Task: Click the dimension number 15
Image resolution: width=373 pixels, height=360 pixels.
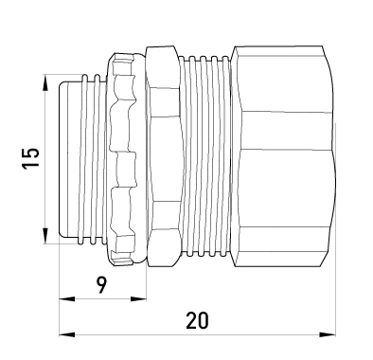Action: [30, 157]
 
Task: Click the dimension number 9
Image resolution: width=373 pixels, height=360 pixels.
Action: [101, 285]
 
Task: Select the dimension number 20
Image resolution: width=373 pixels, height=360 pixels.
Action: [197, 320]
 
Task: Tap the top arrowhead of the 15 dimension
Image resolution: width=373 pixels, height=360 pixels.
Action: [45, 83]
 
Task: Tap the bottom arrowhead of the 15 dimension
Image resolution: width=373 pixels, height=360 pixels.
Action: [45, 235]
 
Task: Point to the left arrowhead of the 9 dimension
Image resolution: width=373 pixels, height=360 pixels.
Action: [67, 299]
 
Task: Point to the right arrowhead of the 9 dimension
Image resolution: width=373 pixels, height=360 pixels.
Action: [138, 299]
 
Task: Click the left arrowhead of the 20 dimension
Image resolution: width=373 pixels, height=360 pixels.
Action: [67, 334]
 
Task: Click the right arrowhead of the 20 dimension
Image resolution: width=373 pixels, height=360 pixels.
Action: [328, 334]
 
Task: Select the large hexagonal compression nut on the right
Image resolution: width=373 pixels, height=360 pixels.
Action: [283, 157]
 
